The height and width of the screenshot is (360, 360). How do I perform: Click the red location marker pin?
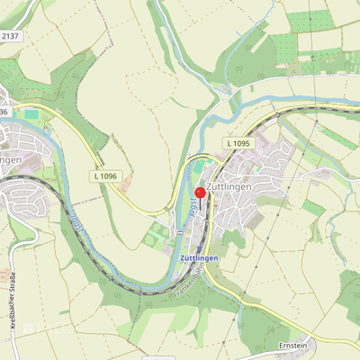click(x=199, y=192)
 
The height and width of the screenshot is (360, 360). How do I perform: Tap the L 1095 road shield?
click(x=238, y=143)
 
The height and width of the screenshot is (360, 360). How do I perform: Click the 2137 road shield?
click(x=10, y=35)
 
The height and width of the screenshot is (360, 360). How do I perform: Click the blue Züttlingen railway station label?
click(x=193, y=256)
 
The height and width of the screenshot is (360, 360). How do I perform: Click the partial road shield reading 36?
click(x=4, y=111)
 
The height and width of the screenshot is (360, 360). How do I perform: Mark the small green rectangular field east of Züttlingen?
click(x=312, y=208)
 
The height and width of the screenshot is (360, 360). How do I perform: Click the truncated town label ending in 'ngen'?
click(x=11, y=159)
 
